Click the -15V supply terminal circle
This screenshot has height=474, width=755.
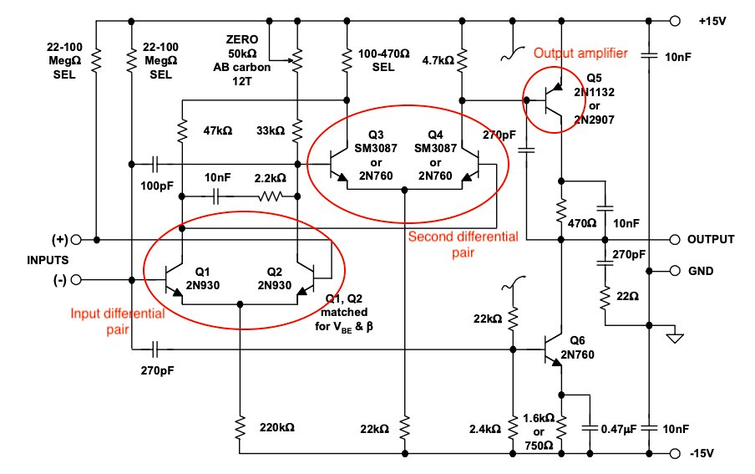676,454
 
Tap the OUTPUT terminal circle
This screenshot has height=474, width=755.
676,240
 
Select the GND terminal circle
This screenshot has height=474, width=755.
676,272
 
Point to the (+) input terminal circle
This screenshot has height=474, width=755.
76,240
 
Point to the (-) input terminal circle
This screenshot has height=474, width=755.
76,278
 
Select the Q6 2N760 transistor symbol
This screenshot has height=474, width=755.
553,349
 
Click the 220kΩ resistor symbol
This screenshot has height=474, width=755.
240,428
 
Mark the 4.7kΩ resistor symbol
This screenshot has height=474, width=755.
461,60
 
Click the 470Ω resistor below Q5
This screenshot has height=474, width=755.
562,211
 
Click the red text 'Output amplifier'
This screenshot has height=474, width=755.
580,54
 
